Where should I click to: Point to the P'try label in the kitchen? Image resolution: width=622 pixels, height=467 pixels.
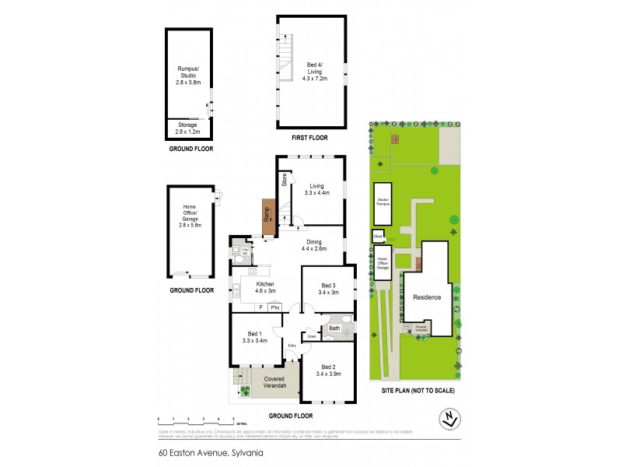[274, 308]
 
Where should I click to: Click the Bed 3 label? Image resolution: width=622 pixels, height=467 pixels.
[327, 289]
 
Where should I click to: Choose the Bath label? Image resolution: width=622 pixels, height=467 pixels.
[334, 328]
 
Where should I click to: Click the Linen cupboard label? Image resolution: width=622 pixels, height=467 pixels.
[312, 336]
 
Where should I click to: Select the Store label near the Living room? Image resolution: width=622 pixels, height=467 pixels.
[285, 180]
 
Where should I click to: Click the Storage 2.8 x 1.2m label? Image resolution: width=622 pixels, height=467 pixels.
[187, 128]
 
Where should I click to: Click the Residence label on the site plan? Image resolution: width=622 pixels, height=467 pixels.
[427, 297]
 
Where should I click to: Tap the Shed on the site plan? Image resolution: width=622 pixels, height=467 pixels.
[379, 234]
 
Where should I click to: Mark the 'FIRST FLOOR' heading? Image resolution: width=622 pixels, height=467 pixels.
[310, 138]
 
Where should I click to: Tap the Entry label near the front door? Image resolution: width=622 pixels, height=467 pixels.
[292, 346]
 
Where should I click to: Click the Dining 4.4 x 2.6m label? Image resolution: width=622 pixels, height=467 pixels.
[313, 244]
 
